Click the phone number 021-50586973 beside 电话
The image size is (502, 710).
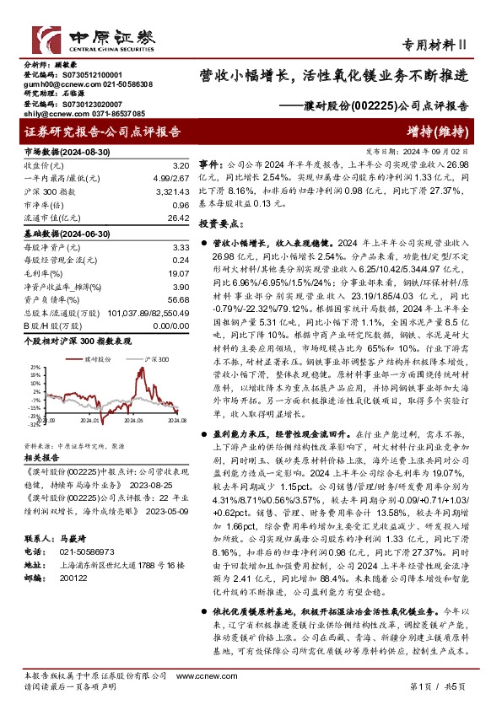coord(78,547)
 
